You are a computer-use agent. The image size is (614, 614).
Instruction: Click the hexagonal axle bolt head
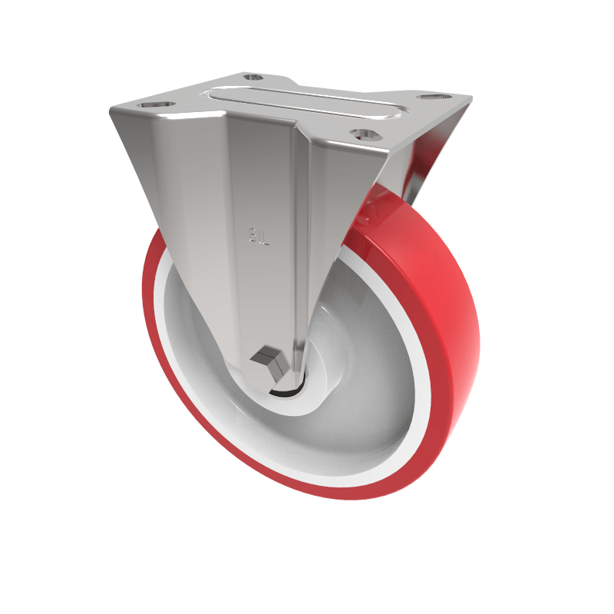pyautogui.click(x=266, y=360)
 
